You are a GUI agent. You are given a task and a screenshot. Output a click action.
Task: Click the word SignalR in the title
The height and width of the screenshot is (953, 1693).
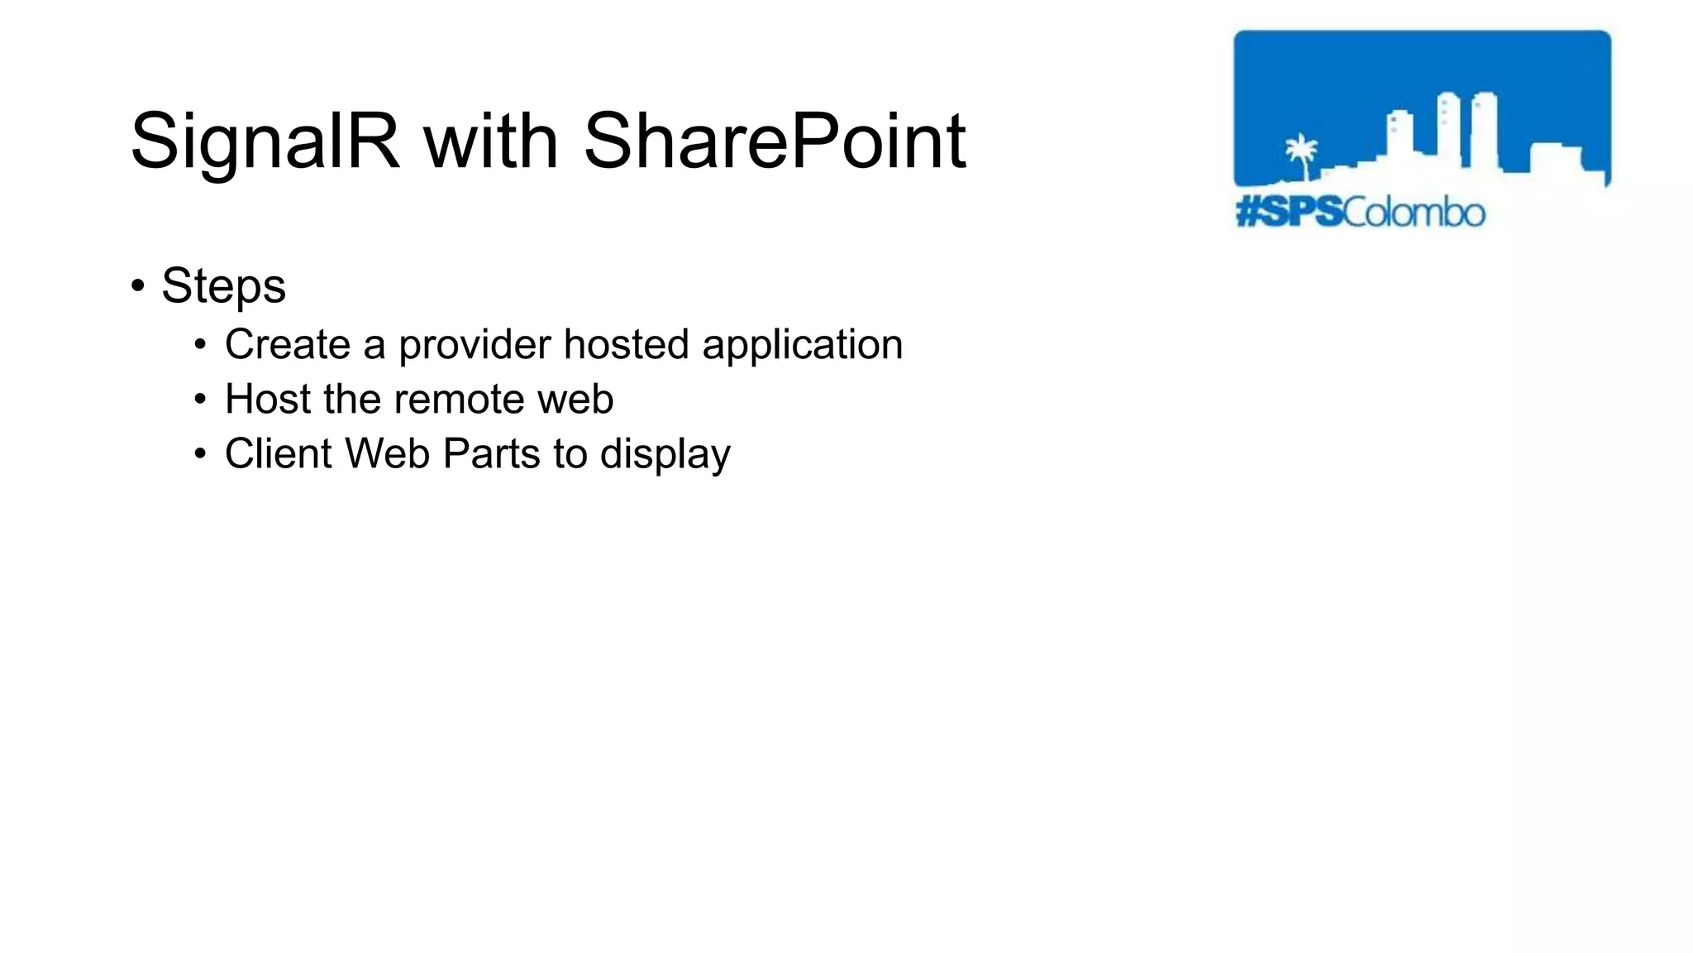(265, 142)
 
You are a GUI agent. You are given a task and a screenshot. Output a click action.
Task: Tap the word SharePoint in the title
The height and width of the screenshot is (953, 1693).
(775, 142)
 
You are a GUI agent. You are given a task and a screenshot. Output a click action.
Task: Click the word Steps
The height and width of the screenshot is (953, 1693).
(223, 287)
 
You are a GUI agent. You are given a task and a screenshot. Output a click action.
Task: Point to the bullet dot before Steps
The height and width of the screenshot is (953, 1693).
(138, 285)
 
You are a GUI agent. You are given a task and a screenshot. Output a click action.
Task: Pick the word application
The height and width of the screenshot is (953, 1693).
(802, 346)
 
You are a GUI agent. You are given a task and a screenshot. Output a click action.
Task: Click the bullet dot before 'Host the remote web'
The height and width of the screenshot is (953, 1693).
(200, 400)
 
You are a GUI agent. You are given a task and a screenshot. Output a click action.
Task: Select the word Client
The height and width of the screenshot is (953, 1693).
(279, 453)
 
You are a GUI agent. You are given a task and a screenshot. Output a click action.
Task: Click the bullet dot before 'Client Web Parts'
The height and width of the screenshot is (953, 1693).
(200, 454)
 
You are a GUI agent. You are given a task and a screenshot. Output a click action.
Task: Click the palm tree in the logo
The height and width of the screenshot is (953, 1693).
(1301, 155)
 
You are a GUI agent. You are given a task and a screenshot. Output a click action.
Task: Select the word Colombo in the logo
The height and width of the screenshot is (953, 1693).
(1414, 213)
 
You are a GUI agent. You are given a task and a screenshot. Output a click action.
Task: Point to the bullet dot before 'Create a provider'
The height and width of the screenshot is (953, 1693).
(200, 345)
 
